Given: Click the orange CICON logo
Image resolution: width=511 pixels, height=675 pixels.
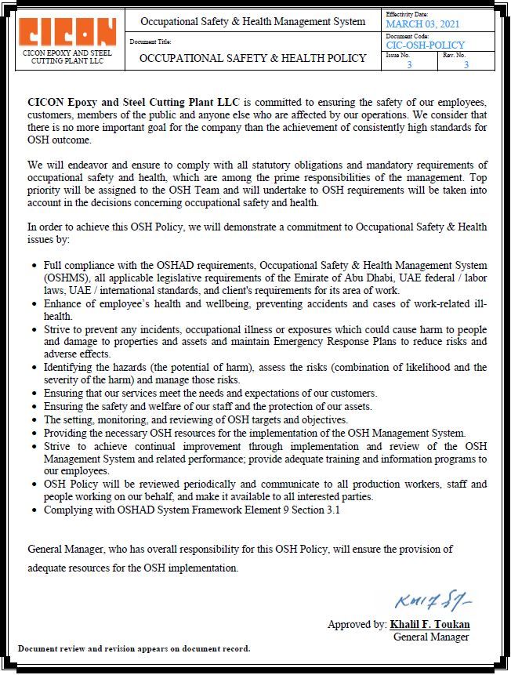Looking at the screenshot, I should [67, 31].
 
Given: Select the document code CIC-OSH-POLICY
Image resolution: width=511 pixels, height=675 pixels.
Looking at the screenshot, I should [425, 45].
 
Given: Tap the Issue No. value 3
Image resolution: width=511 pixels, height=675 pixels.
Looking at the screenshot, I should [409, 64].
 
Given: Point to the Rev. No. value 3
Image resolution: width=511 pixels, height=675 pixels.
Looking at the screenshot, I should [466, 64].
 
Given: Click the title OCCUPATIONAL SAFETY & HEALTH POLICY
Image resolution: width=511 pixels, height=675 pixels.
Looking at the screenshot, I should [252, 58].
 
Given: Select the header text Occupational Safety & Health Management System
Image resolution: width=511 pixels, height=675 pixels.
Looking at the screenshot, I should [252, 21].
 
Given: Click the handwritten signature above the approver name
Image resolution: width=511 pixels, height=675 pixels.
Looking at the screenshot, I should [433, 602].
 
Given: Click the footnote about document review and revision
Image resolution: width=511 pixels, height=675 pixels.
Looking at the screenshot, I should [134, 649].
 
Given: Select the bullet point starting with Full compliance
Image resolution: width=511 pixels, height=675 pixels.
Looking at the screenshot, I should [265, 278].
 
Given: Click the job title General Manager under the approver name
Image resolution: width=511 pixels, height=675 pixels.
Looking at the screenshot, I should [431, 637].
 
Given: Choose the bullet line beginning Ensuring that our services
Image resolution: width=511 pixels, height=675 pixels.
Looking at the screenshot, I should [210, 393].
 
